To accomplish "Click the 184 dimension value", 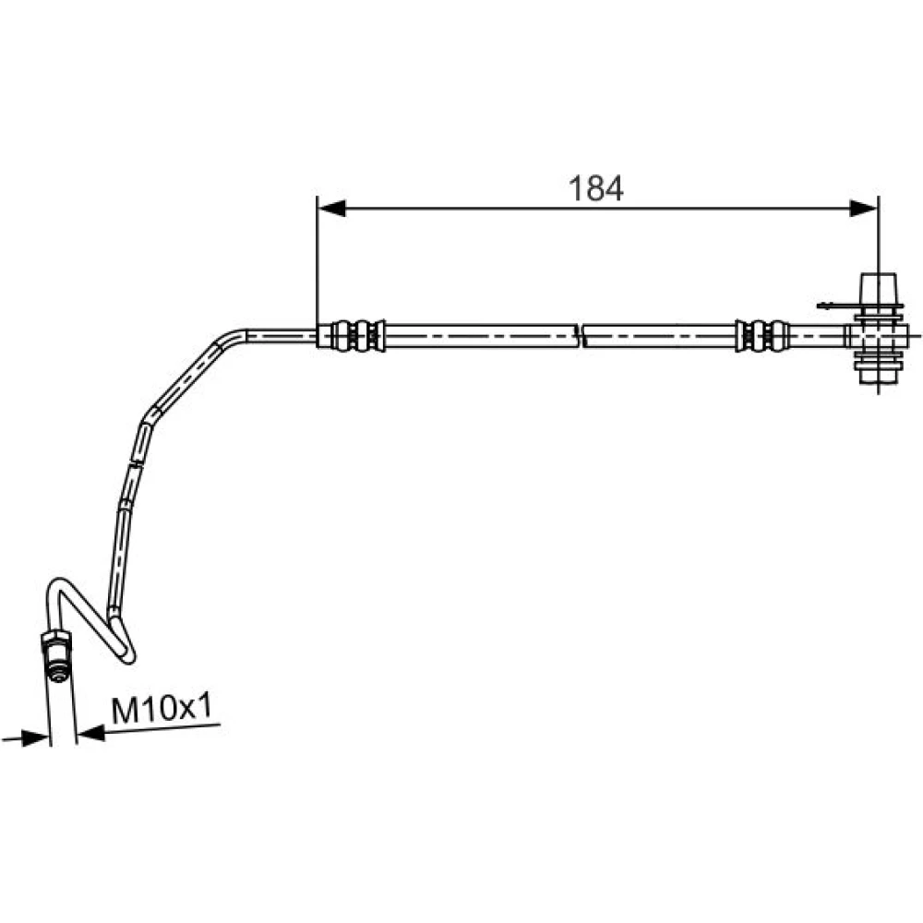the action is click(x=595, y=188).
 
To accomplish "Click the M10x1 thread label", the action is click(x=162, y=709).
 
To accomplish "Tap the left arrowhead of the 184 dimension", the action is click(x=331, y=208).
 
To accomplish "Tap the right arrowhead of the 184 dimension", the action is click(x=864, y=208).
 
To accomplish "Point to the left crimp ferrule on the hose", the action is click(x=352, y=336).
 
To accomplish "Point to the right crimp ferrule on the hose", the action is click(x=761, y=336).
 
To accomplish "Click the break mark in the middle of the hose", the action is click(x=581, y=336).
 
